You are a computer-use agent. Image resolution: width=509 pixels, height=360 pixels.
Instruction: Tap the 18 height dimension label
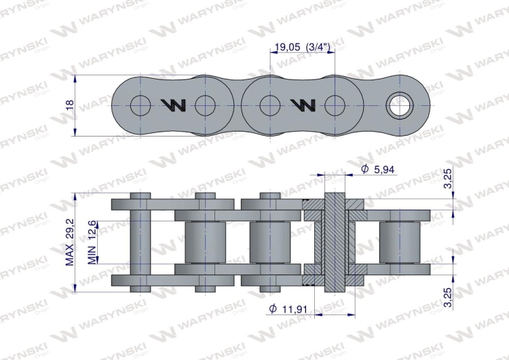pyautogui.click(x=69, y=105)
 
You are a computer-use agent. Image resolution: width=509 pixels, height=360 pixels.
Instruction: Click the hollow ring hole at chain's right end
pyautogui.click(x=398, y=105)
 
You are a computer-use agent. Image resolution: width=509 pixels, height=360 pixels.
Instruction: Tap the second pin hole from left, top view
pyautogui.click(x=206, y=105)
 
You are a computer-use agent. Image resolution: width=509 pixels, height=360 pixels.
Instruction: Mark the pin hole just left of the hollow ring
pyautogui.click(x=335, y=105)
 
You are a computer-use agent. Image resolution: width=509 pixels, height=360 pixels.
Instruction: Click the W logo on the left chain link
pyautogui.click(x=173, y=105)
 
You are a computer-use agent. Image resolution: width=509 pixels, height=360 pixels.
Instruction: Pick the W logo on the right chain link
pyautogui.click(x=302, y=105)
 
